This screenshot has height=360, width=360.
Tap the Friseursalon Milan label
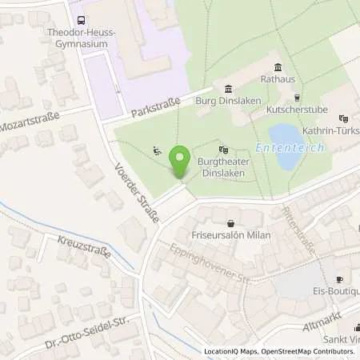tap(231, 235)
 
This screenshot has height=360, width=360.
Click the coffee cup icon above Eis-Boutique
tap(338, 279)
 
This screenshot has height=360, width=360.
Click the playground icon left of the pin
tap(158, 150)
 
